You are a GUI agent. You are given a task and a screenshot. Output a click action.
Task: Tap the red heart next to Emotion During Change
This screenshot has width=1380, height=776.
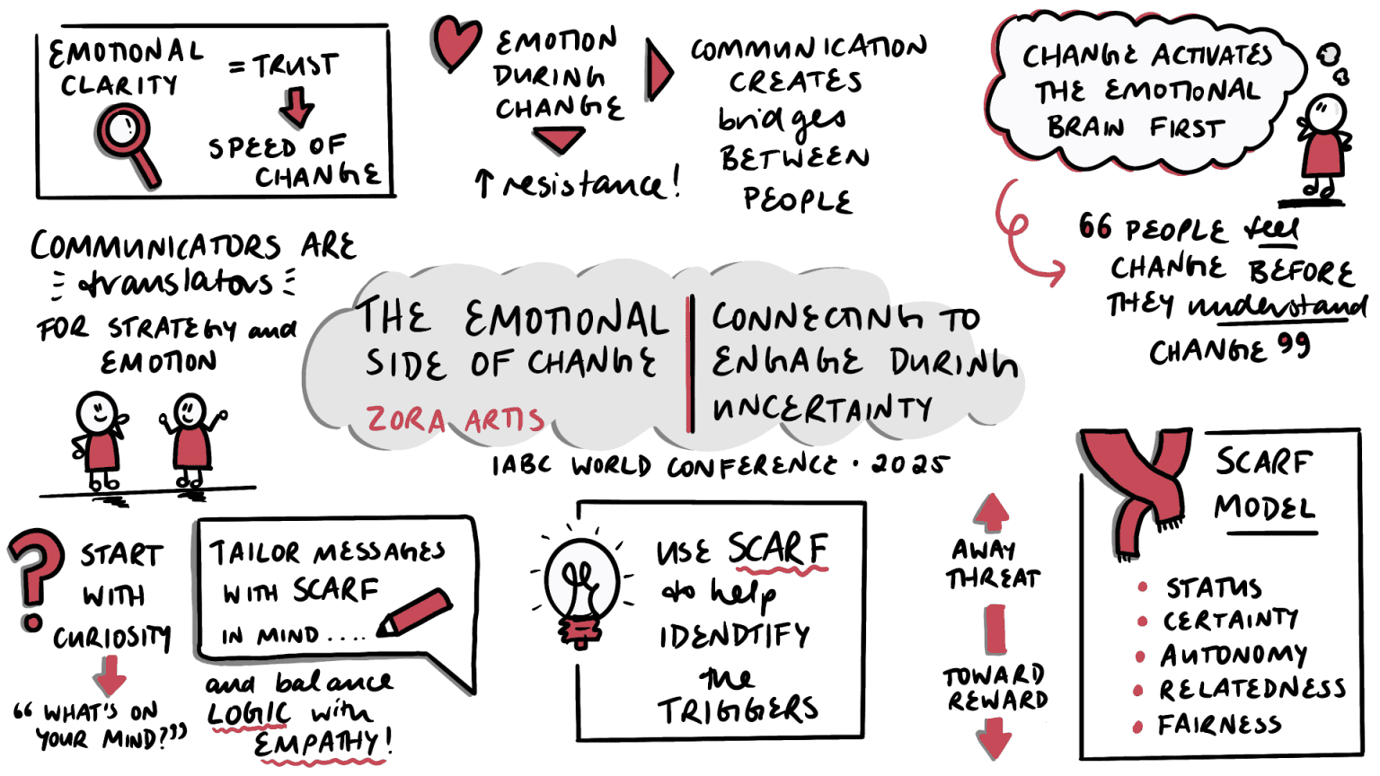(x=456, y=42)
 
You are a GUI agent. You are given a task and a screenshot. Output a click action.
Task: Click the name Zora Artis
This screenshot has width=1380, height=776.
(x=455, y=419)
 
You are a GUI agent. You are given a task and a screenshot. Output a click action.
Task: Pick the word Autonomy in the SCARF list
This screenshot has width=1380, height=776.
(x=1234, y=656)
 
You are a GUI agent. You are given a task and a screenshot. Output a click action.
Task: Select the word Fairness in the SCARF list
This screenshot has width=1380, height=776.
(x=1219, y=725)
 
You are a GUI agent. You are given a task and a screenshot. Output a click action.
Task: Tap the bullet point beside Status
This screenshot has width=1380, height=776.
(x=1143, y=587)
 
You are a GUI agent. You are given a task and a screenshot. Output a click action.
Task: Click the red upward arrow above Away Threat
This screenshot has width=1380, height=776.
(x=991, y=512)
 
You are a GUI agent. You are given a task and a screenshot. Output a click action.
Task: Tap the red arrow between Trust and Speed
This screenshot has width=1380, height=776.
(x=296, y=107)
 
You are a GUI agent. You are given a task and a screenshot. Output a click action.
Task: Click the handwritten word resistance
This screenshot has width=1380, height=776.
(x=584, y=184)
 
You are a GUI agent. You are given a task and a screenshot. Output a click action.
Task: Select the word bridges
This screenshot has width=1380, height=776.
(x=782, y=119)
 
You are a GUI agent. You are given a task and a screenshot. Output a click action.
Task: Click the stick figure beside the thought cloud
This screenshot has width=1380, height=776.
(x=1322, y=148)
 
